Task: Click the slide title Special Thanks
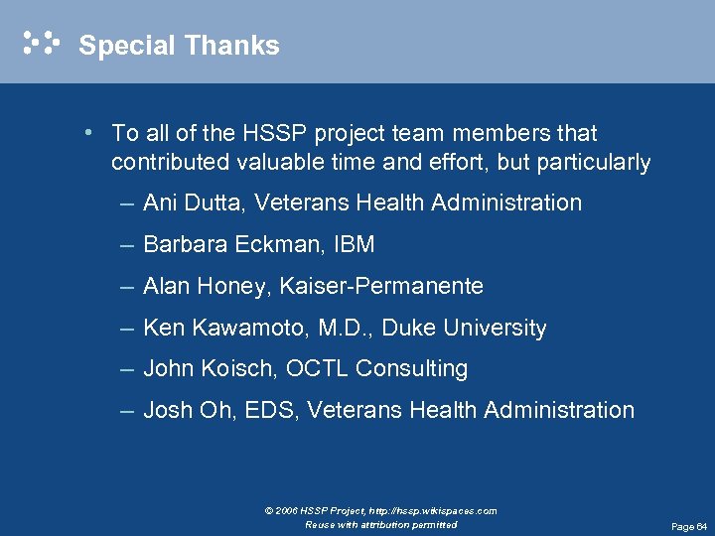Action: point(179,46)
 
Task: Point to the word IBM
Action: point(356,245)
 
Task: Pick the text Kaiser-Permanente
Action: point(381,287)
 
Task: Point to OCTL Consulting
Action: point(376,369)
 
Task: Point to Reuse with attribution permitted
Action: point(381,524)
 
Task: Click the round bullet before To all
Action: point(89,132)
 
